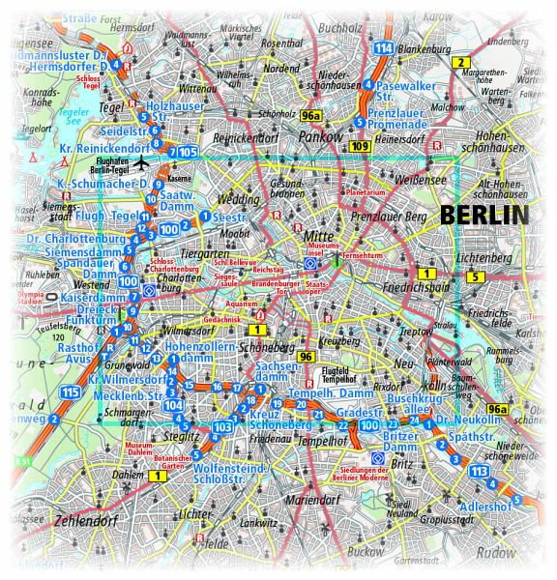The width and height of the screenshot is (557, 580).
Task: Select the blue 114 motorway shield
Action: click(384, 47)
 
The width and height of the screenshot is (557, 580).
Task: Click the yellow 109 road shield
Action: click(360, 146)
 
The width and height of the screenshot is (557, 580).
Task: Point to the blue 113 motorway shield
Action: click(478, 471)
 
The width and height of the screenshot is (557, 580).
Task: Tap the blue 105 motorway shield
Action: click(188, 152)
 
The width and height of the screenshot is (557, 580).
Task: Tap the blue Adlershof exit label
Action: click(488, 506)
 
